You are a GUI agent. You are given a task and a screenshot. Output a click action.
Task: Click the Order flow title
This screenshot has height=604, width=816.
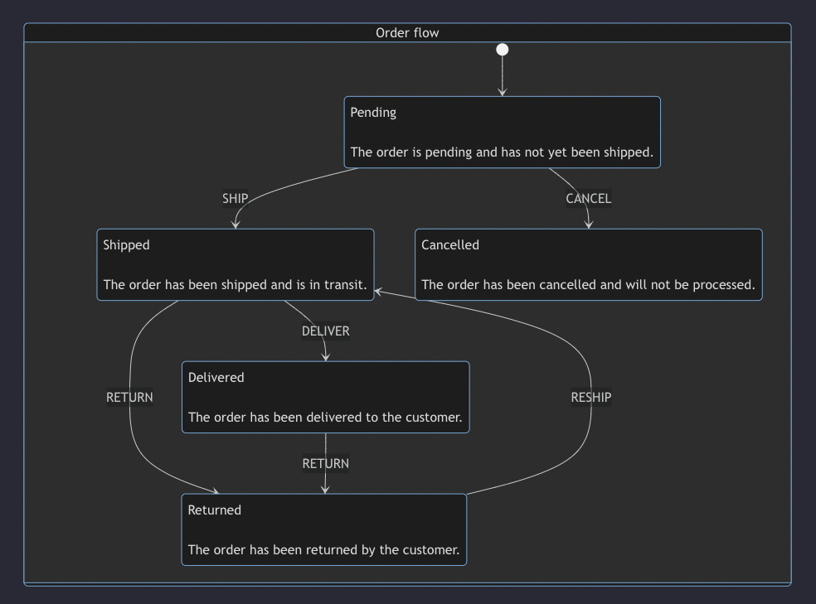(407, 33)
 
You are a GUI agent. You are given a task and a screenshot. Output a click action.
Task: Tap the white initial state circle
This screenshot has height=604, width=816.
(502, 50)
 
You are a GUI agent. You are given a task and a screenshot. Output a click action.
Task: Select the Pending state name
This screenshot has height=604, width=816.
(373, 113)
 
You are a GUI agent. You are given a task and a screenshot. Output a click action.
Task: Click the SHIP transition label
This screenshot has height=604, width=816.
(236, 199)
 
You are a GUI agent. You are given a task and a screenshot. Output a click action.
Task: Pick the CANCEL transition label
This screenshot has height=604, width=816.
(588, 199)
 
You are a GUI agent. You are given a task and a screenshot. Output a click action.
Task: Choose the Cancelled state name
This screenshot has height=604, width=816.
(450, 245)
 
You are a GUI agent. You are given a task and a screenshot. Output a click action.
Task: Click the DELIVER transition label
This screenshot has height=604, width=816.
(325, 331)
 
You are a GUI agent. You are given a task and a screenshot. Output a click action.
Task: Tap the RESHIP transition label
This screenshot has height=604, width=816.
(590, 398)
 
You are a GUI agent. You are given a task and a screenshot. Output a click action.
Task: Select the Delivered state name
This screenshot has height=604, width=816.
(216, 378)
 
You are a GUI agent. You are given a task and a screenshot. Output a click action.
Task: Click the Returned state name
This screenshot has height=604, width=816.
(215, 510)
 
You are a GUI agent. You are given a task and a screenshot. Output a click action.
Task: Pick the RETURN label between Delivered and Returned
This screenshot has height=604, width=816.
(325, 464)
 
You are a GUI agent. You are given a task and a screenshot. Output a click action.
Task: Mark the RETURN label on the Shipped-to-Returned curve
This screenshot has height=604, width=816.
(129, 398)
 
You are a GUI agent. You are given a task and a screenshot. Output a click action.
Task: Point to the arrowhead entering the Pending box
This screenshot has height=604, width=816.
(502, 92)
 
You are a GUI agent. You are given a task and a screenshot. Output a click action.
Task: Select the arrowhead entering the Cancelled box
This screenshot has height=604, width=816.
(589, 225)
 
